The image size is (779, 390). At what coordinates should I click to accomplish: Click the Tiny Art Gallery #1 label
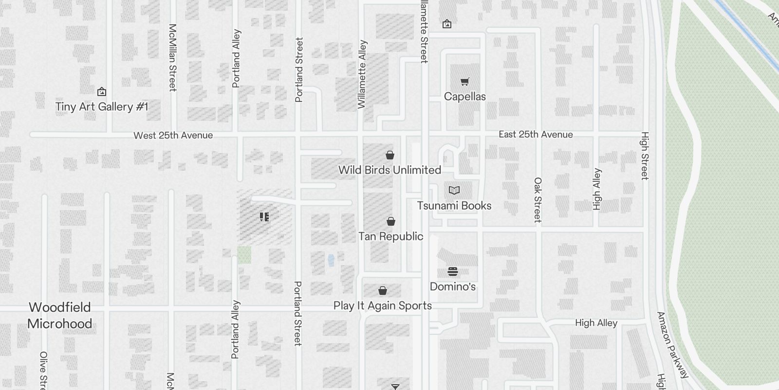pyautogui.click(x=101, y=107)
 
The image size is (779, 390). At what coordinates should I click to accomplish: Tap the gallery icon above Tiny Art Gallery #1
pyautogui.click(x=101, y=91)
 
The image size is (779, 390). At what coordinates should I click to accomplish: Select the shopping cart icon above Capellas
pyautogui.click(x=464, y=81)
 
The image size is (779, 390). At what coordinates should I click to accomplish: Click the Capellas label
pyautogui.click(x=464, y=97)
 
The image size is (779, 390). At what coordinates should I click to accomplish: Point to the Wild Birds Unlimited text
pyautogui.click(x=389, y=170)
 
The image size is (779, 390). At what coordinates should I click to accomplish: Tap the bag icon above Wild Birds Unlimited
pyautogui.click(x=389, y=156)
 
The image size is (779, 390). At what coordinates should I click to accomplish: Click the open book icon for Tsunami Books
pyautogui.click(x=454, y=190)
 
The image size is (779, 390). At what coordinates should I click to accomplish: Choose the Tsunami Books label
pyautogui.click(x=454, y=206)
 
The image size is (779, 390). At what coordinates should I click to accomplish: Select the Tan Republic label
pyautogui.click(x=390, y=236)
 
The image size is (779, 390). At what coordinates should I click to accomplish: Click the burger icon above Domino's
pyautogui.click(x=452, y=272)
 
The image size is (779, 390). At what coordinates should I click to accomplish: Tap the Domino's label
pyautogui.click(x=452, y=287)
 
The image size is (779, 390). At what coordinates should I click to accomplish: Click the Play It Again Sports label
pyautogui.click(x=382, y=306)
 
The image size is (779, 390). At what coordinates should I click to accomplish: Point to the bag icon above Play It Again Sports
pyautogui.click(x=383, y=291)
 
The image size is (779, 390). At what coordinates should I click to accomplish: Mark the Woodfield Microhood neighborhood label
pyautogui.click(x=59, y=315)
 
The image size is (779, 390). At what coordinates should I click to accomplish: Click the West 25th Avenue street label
pyautogui.click(x=173, y=136)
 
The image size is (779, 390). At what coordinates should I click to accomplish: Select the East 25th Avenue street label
pyautogui.click(x=536, y=135)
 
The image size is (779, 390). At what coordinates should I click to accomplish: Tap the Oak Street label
pyautogui.click(x=538, y=200)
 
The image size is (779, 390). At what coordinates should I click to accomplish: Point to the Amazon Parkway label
pyautogui.click(x=673, y=345)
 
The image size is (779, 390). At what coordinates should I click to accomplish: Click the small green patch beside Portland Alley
pyautogui.click(x=244, y=255)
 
